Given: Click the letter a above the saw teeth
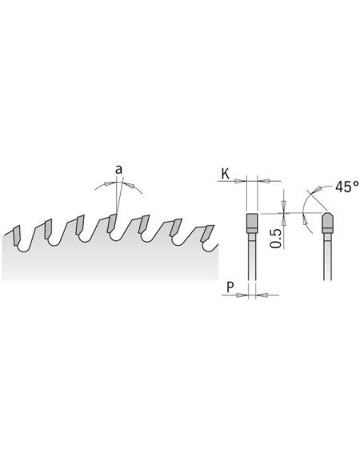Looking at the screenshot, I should [118, 170].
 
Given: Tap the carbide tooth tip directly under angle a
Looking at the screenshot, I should [112, 220].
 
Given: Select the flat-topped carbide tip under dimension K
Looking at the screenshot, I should [250, 219].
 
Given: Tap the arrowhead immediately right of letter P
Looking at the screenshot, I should [243, 294].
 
